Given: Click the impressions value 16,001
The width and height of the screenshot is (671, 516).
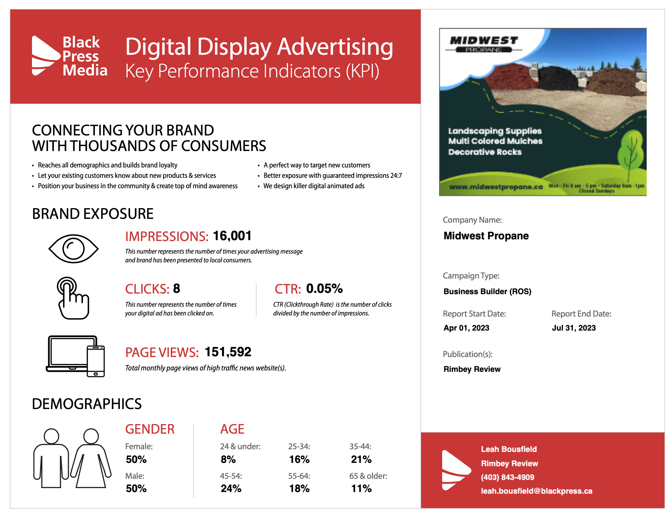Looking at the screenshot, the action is pos(232,236).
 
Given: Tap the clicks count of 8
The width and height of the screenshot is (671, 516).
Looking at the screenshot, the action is pos(176,288).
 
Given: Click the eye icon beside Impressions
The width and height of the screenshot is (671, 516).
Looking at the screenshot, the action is pos(73,248).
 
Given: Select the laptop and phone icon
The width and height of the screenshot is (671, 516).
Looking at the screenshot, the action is pos(75,356).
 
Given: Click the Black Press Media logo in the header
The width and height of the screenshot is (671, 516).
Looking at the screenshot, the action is pos(70,56).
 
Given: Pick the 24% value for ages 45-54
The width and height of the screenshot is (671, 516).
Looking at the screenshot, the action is pos(231,488).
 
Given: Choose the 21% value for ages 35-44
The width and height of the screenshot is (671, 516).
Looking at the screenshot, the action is pos(361,459).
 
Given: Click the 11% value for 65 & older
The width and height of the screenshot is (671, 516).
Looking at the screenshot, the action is pos(361,488).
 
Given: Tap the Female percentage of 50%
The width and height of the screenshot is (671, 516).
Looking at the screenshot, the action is pos(136,459).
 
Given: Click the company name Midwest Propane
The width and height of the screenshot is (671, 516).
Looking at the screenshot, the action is pos(486,236).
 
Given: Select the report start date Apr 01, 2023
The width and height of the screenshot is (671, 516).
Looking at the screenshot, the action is pos(466,328).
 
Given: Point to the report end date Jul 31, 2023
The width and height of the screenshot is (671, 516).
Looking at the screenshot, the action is pos(573,328).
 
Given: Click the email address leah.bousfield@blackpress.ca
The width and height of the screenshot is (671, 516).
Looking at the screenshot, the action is pos(536,491).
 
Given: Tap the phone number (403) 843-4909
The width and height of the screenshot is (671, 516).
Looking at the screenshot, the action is pos(507,477).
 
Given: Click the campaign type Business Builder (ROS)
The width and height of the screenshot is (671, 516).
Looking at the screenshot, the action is pos(487,291).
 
